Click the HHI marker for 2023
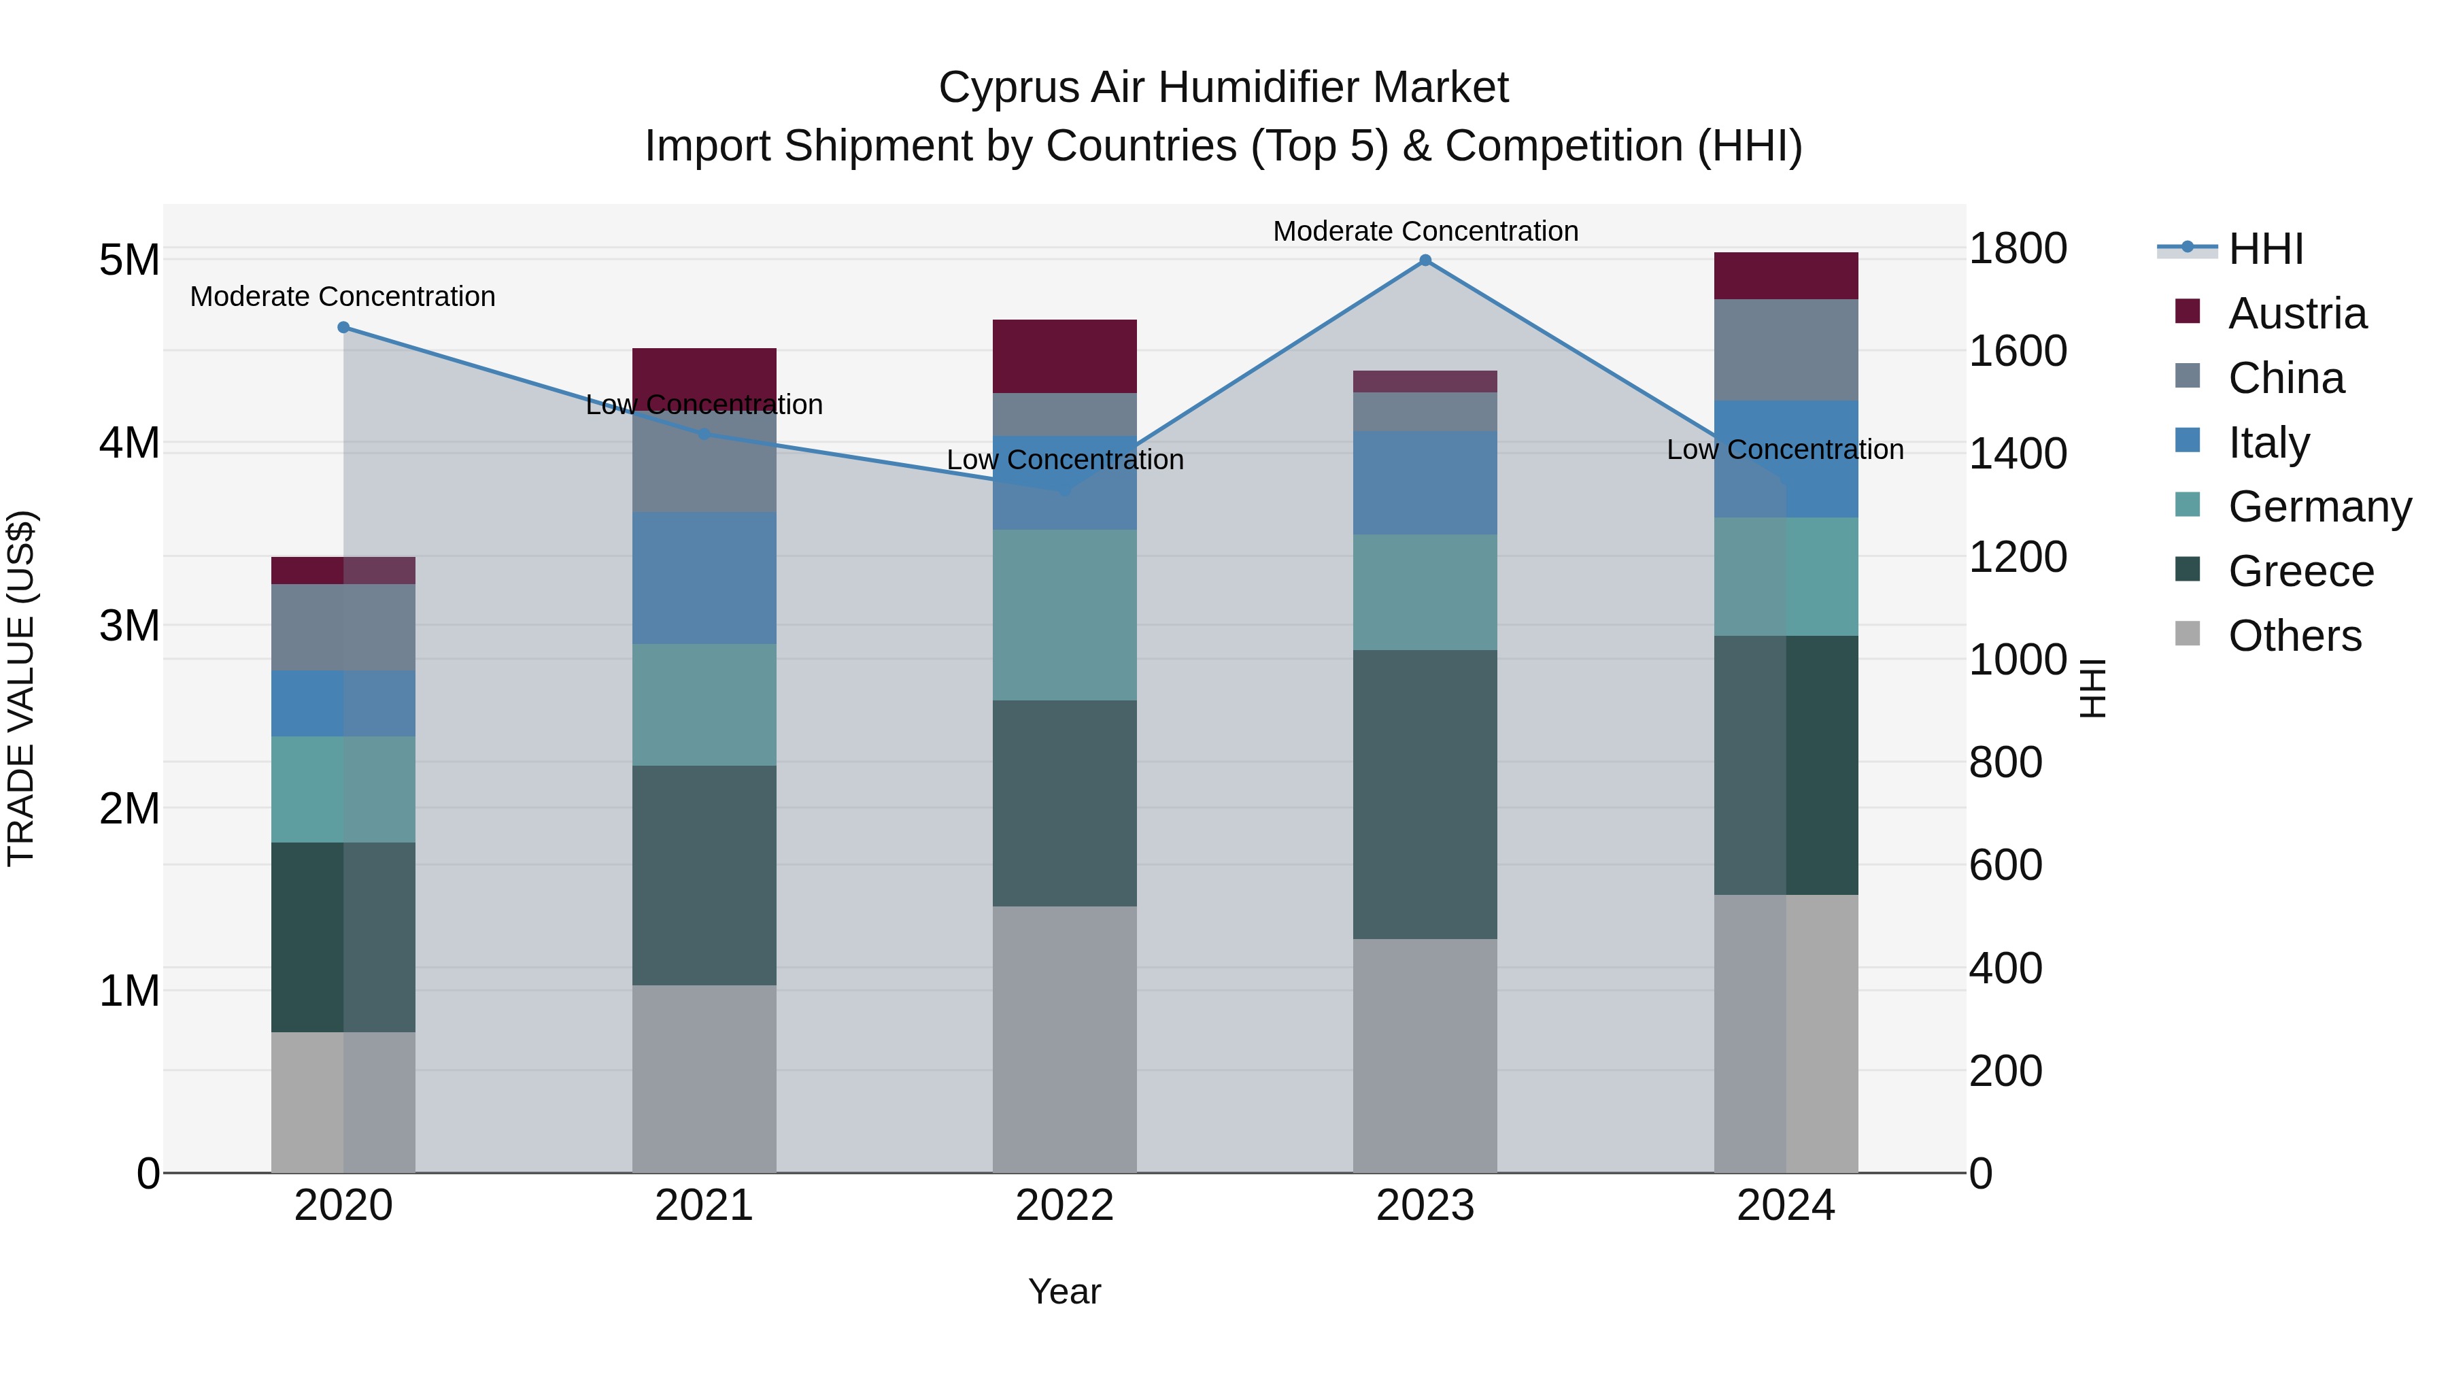tap(1425, 260)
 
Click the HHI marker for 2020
tap(344, 328)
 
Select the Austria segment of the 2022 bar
tap(1064, 356)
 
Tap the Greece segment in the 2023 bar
tap(1425, 794)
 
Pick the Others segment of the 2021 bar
tap(704, 1078)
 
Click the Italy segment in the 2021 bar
tap(704, 578)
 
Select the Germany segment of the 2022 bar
tap(1064, 615)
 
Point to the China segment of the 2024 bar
tap(1786, 350)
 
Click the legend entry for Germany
tap(2319, 507)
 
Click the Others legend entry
tap(2294, 636)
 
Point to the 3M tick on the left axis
tap(129, 626)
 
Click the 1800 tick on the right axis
tap(2017, 249)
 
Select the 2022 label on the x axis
tap(1064, 1206)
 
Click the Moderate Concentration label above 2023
tap(1425, 231)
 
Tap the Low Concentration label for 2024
tap(1785, 449)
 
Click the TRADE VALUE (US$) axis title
tap(21, 688)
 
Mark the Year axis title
tap(1064, 1291)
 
